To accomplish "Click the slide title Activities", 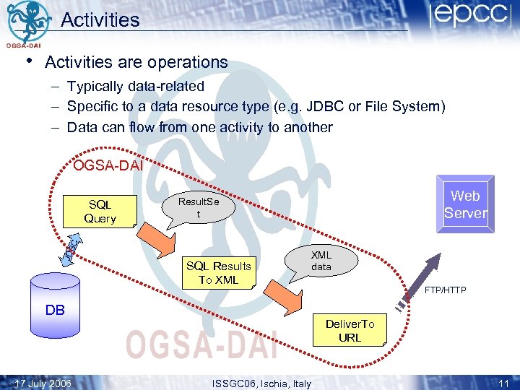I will [100, 19].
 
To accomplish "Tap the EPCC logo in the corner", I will [469, 17].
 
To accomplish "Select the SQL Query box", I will [100, 211].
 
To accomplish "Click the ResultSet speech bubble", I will [198, 209].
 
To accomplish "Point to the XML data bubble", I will [321, 261].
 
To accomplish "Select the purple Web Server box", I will [465, 204].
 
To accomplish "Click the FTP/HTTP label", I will [445, 290].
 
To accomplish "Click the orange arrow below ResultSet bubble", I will [153, 235].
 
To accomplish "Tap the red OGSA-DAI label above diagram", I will [108, 166].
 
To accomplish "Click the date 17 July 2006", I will [43, 383].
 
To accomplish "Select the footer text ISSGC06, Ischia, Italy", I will [261, 383].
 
